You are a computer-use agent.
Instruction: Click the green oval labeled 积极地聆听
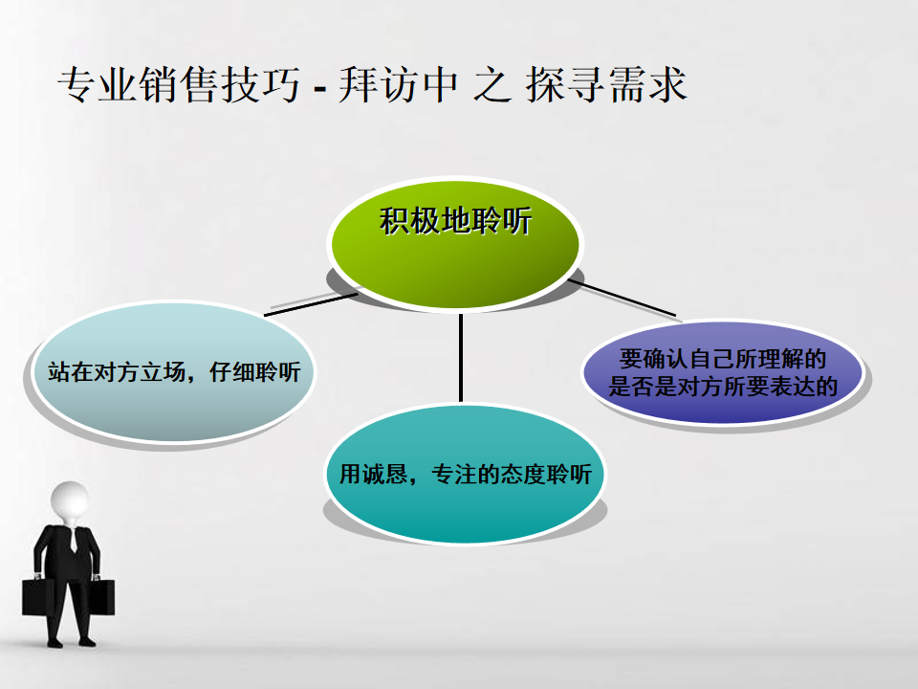point(455,243)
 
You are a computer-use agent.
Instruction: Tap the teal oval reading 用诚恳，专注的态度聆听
point(466,474)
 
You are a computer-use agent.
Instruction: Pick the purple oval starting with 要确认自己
point(723,371)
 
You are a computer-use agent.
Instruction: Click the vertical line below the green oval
point(461,357)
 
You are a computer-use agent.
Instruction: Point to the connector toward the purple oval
point(622,299)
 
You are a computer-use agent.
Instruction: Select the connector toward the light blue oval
point(311,304)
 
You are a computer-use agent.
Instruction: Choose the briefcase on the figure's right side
point(38,596)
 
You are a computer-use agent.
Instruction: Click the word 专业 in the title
point(98,85)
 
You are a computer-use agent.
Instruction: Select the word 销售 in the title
point(179,85)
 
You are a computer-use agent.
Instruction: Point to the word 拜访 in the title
point(379,85)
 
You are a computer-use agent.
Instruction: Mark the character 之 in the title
point(492,85)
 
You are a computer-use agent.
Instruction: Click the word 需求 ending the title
point(647,85)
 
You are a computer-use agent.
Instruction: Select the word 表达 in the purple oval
point(792,386)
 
